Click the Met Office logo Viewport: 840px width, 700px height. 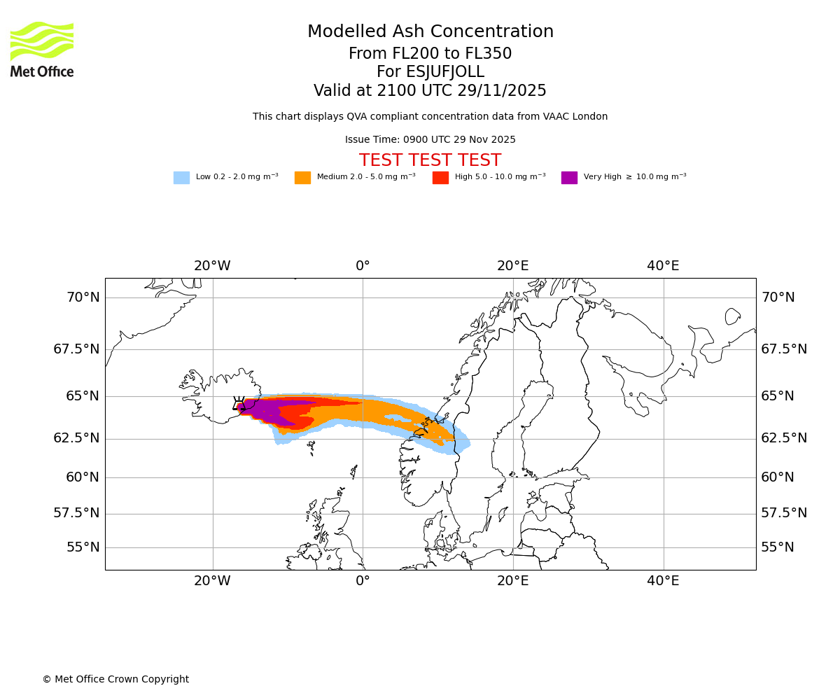click(x=42, y=49)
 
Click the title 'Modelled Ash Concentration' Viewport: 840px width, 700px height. click(x=430, y=32)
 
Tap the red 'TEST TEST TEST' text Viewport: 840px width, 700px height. click(x=430, y=160)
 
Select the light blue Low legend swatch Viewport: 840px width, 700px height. click(x=181, y=178)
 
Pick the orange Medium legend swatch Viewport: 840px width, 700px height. click(x=302, y=178)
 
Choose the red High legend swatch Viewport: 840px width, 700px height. click(x=440, y=178)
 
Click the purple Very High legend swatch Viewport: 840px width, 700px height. click(x=569, y=178)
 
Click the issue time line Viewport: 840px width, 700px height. click(x=430, y=140)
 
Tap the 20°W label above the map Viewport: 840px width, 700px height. click(x=212, y=266)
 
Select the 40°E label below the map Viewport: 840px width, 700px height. click(x=663, y=581)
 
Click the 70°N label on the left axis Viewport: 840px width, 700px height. click(x=83, y=297)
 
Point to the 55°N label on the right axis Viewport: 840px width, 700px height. click(x=778, y=547)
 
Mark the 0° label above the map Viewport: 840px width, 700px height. click(x=363, y=266)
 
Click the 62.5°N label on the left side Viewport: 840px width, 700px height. click(x=76, y=438)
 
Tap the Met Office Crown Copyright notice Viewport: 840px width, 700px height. click(x=115, y=680)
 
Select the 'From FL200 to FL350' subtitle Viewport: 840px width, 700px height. click(x=430, y=54)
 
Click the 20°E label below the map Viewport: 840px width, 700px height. click(x=512, y=581)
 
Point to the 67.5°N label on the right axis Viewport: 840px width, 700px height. click(x=784, y=349)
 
